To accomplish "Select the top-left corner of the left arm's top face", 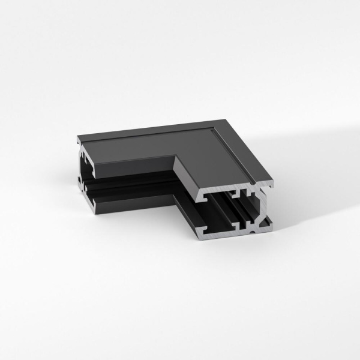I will (79, 138).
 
